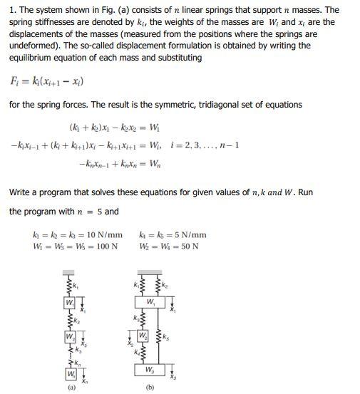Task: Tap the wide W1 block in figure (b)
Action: pyautogui.click(x=150, y=301)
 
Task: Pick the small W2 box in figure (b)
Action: pyautogui.click(x=143, y=334)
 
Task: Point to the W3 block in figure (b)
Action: pyautogui.click(x=150, y=369)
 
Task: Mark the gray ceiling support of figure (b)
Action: pyautogui.click(x=150, y=274)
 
